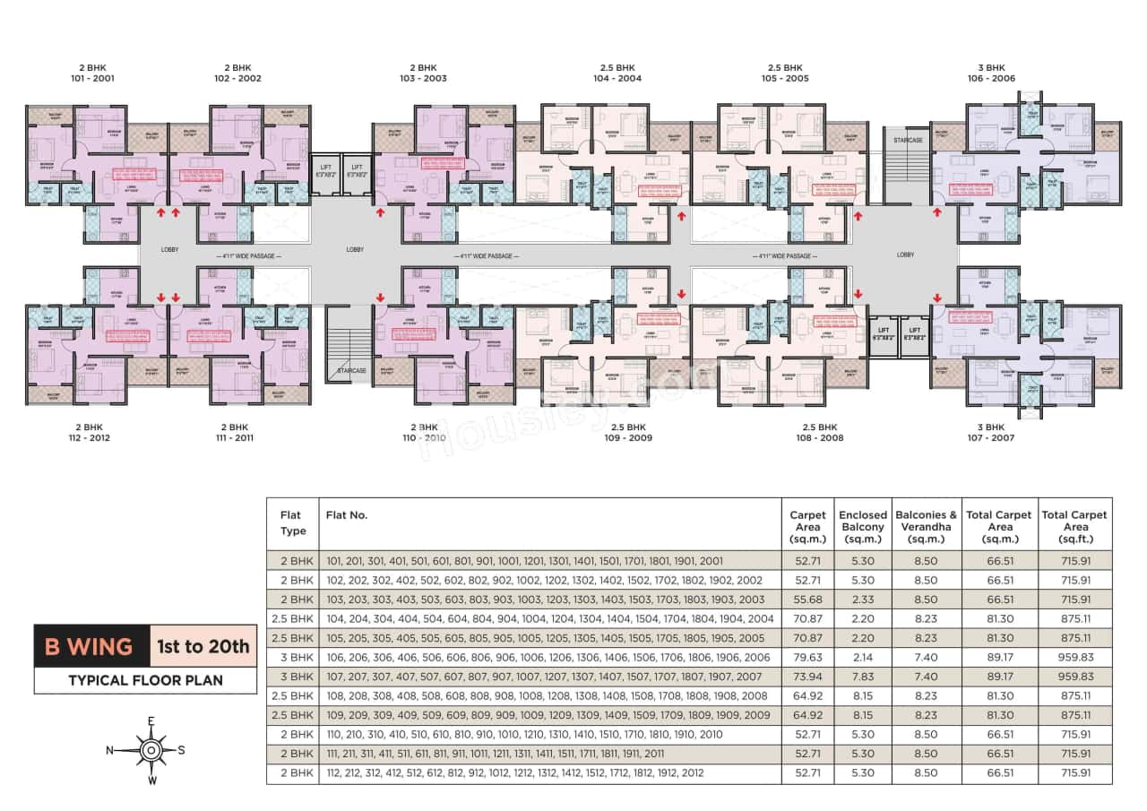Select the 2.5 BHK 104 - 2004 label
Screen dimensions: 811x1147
click(617, 73)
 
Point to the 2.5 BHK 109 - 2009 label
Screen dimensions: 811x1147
click(628, 433)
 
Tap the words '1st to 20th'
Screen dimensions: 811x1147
click(203, 646)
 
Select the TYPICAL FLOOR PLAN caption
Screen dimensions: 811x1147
click(145, 680)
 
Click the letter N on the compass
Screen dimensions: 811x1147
click(109, 751)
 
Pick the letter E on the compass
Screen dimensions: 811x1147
click(151, 721)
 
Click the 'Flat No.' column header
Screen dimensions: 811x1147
click(348, 515)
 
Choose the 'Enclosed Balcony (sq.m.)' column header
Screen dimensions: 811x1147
click(862, 527)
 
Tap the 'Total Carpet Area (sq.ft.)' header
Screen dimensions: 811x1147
click(1075, 527)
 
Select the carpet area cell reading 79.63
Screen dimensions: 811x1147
click(807, 657)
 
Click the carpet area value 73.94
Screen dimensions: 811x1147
click(807, 676)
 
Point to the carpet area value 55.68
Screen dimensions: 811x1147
click(807, 599)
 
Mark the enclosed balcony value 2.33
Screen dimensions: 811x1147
click(862, 599)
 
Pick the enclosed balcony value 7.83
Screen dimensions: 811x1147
click(862, 676)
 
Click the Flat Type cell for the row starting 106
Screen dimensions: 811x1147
click(292, 657)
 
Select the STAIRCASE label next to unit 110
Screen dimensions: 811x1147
click(351, 370)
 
